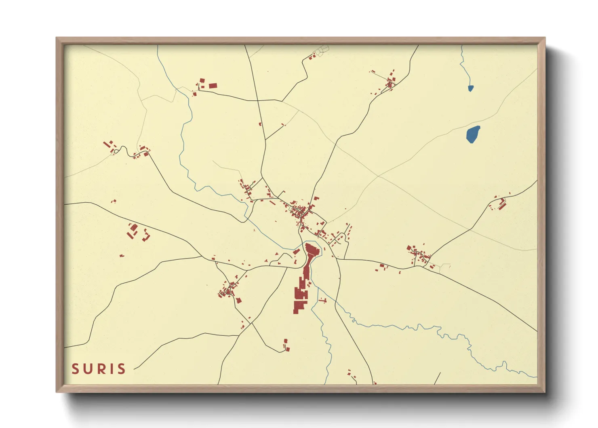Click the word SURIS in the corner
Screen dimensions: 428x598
(x=99, y=369)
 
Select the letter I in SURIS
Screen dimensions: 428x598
(x=110, y=369)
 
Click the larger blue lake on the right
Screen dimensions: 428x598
(x=473, y=134)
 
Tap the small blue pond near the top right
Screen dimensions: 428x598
(x=470, y=88)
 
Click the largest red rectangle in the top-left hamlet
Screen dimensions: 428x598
(x=213, y=85)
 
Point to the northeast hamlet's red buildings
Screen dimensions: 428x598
(x=390, y=83)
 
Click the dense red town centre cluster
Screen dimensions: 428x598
(x=300, y=211)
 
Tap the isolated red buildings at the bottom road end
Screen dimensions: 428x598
(x=286, y=345)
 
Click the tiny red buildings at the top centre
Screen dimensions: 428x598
(x=312, y=57)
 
